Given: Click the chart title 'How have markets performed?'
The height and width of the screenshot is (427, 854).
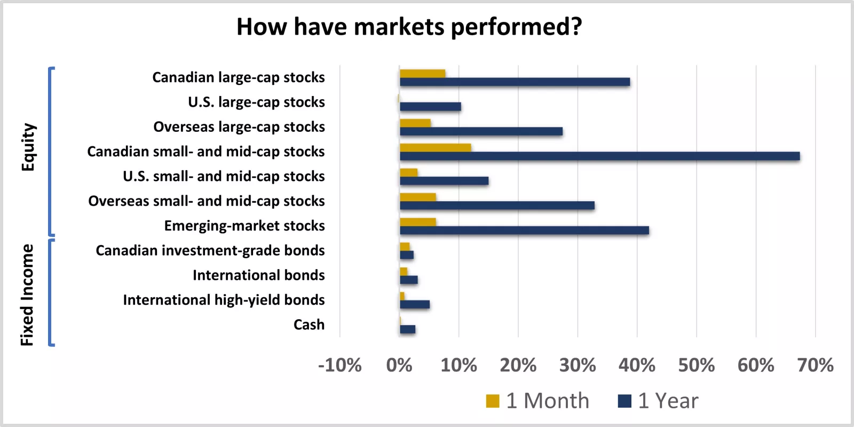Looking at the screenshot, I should [x=409, y=27].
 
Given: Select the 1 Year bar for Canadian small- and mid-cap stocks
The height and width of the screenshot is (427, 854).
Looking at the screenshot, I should [x=599, y=156].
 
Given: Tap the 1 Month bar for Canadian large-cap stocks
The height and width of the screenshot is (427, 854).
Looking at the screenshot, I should [x=422, y=74].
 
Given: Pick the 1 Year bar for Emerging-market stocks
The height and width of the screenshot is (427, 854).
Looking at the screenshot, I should [x=524, y=230].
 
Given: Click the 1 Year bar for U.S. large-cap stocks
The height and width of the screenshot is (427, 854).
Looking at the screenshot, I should [x=430, y=106].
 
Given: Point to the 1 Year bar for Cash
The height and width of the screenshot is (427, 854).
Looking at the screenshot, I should [x=407, y=329].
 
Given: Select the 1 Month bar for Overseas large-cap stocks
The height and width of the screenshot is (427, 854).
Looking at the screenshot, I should [x=415, y=123].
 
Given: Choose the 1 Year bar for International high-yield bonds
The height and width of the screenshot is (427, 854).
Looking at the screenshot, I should [x=415, y=304].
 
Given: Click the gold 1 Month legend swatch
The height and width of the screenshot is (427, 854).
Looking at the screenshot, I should [x=492, y=401].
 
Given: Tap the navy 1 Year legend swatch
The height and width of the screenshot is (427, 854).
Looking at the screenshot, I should [x=624, y=401].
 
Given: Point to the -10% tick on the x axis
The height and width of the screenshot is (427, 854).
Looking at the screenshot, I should [x=340, y=366].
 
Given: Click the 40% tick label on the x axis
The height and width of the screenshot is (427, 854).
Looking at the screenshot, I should [x=637, y=366].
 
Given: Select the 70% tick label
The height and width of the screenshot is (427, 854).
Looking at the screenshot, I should [x=815, y=366].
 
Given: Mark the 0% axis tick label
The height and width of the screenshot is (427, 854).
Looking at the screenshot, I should [x=399, y=366].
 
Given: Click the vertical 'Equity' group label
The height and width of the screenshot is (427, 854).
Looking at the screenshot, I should [x=28, y=147].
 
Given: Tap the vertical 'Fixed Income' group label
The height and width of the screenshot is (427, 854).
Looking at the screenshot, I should [x=27, y=295].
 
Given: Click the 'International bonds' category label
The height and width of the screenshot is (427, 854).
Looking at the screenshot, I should [x=258, y=275].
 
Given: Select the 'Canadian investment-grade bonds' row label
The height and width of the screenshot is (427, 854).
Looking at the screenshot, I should [x=210, y=250].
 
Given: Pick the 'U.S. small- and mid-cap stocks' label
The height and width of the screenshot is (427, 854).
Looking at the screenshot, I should [x=223, y=176].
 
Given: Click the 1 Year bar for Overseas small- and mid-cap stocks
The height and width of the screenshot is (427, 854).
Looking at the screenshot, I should [x=497, y=205].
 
